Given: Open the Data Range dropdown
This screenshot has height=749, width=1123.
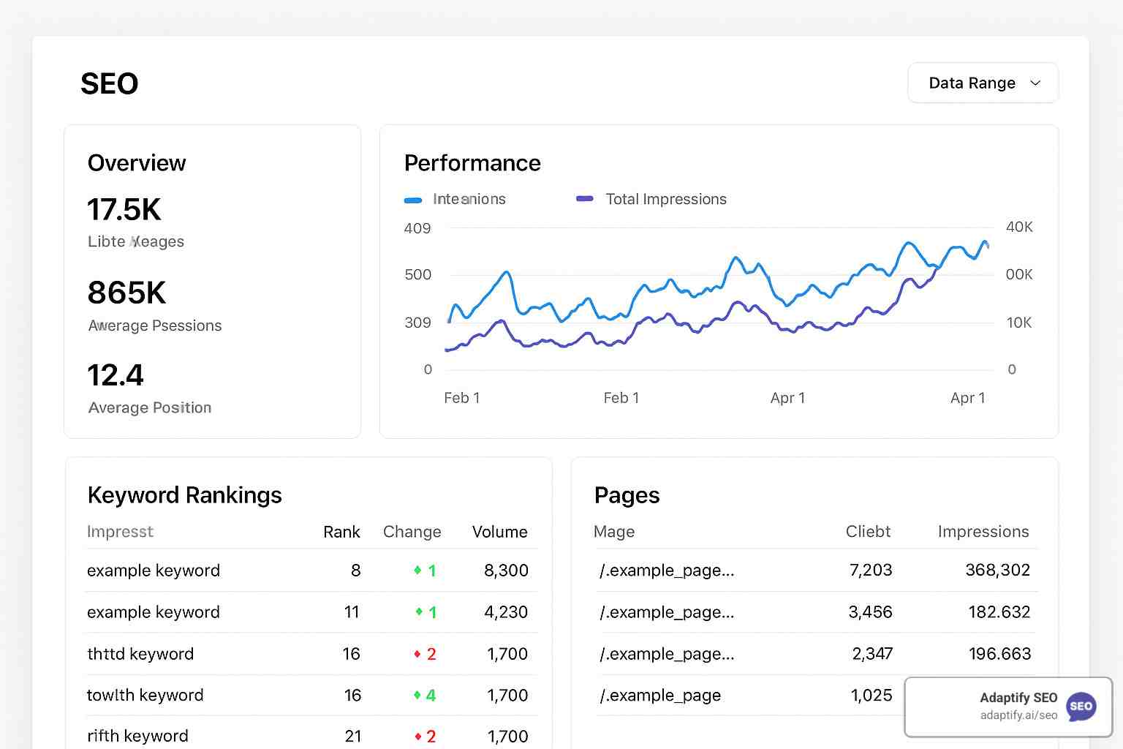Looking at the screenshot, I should (983, 83).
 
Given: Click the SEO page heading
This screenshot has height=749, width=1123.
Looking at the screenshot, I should (109, 84).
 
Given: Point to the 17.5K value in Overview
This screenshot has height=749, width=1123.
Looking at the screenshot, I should (124, 210).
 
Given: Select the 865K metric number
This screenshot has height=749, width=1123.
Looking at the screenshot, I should (126, 293).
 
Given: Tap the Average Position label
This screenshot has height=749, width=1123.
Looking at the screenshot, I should (150, 407).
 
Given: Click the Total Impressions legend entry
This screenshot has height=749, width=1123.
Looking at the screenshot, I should (665, 199).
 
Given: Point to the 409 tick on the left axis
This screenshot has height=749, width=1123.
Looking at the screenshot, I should (417, 228).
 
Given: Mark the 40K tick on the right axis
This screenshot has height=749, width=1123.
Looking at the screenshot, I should (1019, 227).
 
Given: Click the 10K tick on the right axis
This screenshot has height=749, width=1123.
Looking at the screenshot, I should (1019, 323).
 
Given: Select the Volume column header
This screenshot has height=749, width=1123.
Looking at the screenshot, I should (499, 532).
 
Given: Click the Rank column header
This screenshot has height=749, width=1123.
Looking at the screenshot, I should (341, 532).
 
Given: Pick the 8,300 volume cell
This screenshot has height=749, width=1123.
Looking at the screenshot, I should (506, 571).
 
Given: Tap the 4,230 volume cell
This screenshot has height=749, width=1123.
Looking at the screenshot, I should (506, 612).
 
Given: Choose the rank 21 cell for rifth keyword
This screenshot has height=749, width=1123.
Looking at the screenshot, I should (353, 736).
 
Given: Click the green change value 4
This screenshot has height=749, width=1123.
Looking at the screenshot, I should (431, 696).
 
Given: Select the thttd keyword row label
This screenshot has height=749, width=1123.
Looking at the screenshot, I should (140, 654).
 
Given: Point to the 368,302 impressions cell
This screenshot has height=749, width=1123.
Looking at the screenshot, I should (997, 570).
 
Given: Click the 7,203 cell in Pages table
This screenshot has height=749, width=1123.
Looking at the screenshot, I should (871, 570).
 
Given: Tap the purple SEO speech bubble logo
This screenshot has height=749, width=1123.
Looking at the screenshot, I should (1081, 707).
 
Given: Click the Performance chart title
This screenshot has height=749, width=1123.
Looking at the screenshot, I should (472, 163).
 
